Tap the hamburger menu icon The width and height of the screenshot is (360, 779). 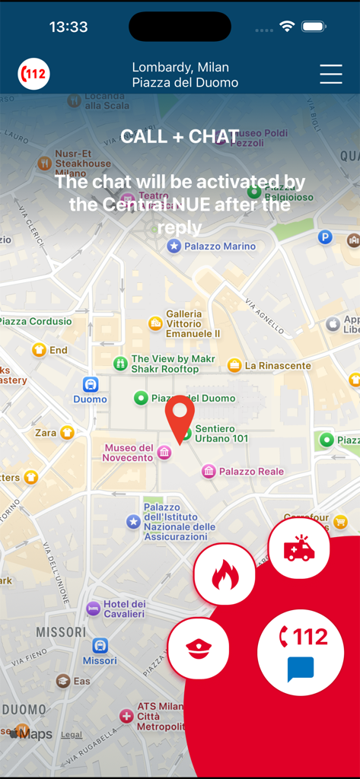pos(331,74)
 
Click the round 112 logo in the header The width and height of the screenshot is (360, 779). pos(34,75)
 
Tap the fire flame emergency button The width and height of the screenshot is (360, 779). pos(225,574)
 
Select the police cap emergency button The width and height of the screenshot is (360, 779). pos(198,648)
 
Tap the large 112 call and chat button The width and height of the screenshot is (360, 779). pos(301,652)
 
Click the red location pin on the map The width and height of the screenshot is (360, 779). pos(180,418)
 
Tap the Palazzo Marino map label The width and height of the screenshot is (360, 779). pos(219,246)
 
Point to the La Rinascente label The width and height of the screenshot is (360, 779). pos(277,366)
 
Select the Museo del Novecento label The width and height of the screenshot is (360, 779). pos(129,453)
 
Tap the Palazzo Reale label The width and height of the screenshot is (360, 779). pos(251,472)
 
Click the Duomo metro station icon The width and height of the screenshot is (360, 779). pos(91,385)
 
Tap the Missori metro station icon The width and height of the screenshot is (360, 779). pos(100,646)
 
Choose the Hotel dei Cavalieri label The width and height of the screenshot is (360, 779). pos(123,609)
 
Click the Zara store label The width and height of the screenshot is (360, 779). pos(46,433)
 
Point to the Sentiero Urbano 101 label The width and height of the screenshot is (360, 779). pos(221,434)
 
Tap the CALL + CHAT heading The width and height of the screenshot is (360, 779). pos(180,137)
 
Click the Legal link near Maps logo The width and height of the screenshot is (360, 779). pos(72,735)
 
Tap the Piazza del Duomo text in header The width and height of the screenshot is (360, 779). pos(185,82)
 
